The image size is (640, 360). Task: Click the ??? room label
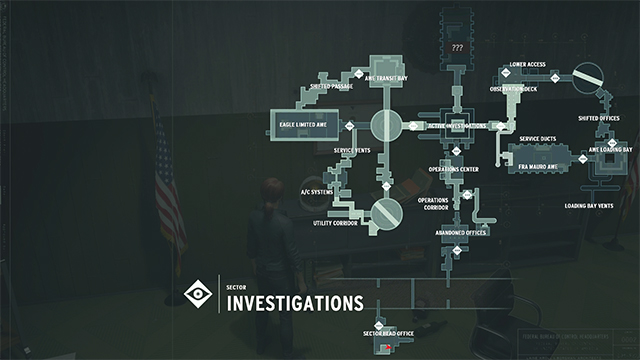pyautogui.click(x=458, y=47)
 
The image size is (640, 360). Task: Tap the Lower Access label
pyautogui.click(x=527, y=65)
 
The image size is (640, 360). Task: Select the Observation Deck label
pyautogui.click(x=513, y=87)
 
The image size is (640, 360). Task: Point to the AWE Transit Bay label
pyautogui.click(x=387, y=78)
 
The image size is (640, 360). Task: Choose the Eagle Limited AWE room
pyautogui.click(x=309, y=124)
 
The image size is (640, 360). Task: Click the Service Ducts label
pyautogui.click(x=538, y=139)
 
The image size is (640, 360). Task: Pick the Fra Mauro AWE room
pyautogui.click(x=536, y=158)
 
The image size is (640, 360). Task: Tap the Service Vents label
pyautogui.click(x=352, y=150)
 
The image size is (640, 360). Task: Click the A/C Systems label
pyautogui.click(x=317, y=191)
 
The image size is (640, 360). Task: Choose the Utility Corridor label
pyautogui.click(x=335, y=223)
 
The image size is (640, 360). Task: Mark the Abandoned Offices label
pyautogui.click(x=460, y=233)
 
